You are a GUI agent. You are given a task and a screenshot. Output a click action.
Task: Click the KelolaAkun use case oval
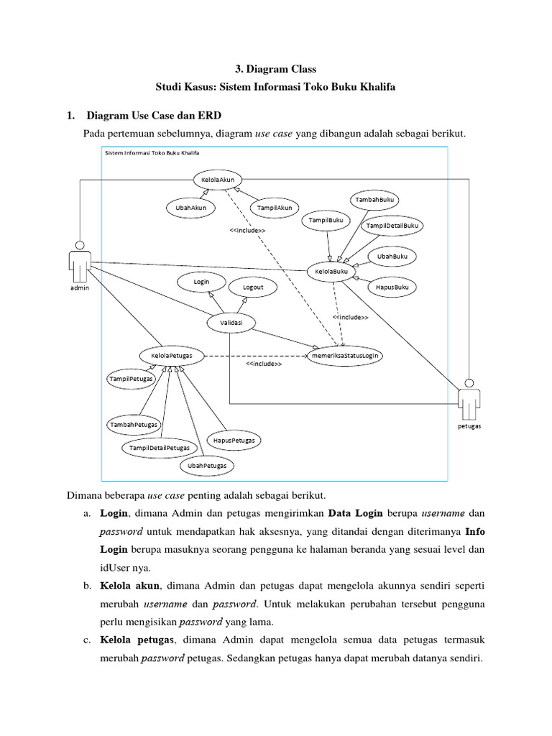(218, 180)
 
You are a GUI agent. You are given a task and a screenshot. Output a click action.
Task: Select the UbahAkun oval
(187, 208)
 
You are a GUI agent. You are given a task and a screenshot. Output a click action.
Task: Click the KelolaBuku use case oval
(332, 272)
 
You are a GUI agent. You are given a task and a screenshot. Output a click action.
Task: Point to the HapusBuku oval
(392, 287)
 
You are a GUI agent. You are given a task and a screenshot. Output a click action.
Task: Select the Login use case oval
(201, 282)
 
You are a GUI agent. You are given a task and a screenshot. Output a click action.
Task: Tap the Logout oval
(253, 287)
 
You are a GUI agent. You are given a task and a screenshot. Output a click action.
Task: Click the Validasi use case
(231, 323)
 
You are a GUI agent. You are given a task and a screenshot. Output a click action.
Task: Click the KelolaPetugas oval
(171, 355)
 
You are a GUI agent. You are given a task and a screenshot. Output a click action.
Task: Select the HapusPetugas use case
(234, 440)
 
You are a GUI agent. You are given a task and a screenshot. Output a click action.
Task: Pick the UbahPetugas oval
(207, 466)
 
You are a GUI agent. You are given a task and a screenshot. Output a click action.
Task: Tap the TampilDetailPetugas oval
(160, 448)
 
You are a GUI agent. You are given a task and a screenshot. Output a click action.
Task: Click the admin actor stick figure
(80, 262)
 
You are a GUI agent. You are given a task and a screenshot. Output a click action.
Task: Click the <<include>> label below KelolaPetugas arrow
(264, 364)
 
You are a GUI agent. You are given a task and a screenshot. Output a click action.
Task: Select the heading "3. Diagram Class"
(276, 70)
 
